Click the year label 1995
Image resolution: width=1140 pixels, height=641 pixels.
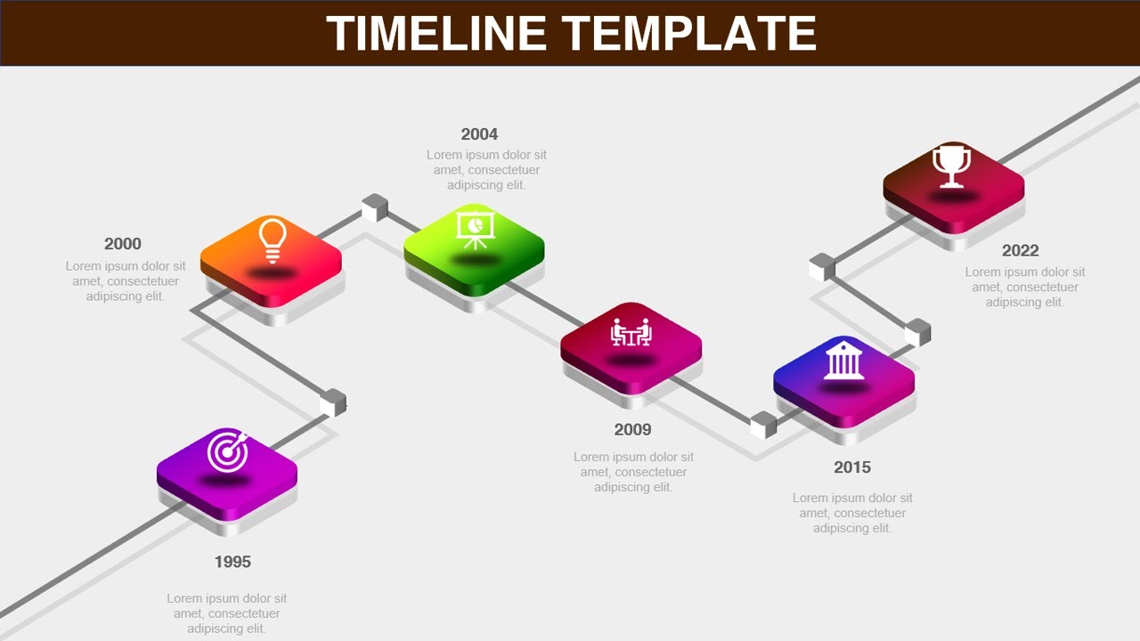point(232,562)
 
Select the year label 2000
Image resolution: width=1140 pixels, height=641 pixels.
point(123,244)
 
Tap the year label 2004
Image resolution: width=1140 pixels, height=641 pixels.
point(479,134)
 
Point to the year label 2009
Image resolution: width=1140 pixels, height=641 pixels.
point(632,430)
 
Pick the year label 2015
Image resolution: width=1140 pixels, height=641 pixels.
point(852,467)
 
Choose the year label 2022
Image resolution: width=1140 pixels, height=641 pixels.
point(1020,251)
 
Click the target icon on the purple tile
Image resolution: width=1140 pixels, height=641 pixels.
point(228,450)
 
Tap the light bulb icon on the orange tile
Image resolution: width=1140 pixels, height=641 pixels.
point(273,239)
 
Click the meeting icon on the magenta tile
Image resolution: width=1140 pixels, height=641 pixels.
point(631,332)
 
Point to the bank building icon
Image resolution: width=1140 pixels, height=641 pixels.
point(843,362)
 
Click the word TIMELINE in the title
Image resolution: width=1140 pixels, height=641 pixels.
point(436,34)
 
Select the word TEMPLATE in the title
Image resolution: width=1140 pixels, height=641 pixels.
point(691,34)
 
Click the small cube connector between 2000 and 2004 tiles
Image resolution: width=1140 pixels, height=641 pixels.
point(375,207)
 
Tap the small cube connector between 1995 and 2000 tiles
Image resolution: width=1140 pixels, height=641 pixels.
point(333,402)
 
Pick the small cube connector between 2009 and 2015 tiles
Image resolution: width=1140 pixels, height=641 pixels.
point(763,425)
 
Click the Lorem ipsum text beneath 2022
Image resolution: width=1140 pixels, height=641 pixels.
point(1025,287)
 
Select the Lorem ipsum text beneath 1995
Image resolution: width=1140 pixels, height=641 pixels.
point(227,613)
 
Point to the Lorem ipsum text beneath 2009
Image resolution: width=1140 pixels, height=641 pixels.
point(633,472)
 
